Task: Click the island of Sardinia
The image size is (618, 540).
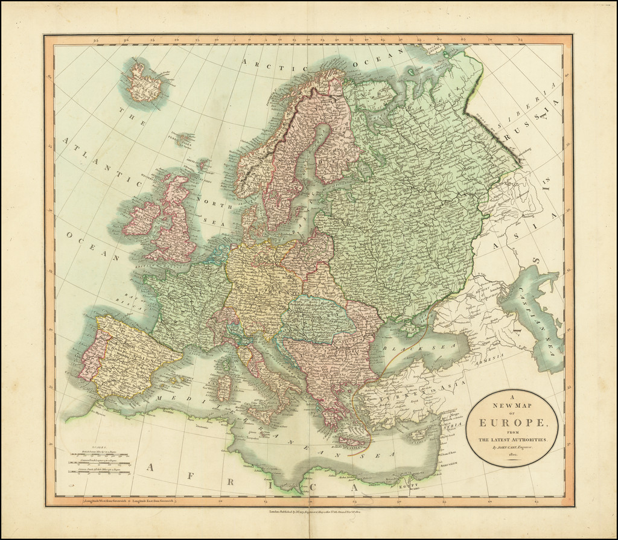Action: click(x=224, y=387)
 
